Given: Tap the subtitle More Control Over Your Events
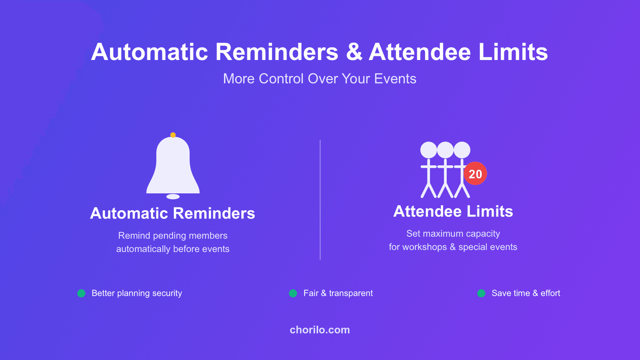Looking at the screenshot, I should (x=320, y=79).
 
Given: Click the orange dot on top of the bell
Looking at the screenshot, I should (x=173, y=135).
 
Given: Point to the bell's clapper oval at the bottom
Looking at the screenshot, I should (x=173, y=197).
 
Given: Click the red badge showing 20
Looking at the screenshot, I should (x=475, y=174).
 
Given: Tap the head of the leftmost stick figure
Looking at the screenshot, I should (x=428, y=150).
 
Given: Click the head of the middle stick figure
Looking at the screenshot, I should (x=445, y=150).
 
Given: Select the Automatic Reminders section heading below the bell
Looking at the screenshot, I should (x=172, y=213).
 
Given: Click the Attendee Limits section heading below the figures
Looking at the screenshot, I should (x=453, y=211).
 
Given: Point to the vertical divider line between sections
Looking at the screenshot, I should (x=320, y=200).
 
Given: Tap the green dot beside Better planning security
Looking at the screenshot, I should (x=81, y=293).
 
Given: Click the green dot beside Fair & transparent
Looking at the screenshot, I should (x=293, y=293).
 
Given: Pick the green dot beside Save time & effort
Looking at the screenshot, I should (x=481, y=293).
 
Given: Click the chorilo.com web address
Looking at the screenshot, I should (x=320, y=330).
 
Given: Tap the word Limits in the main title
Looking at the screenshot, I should (x=513, y=52).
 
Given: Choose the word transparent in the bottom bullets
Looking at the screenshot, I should (x=351, y=293).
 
